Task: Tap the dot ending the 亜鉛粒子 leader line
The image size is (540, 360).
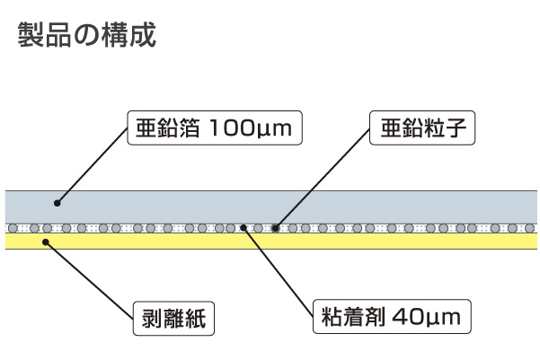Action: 276,228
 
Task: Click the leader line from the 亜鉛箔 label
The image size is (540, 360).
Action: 90,166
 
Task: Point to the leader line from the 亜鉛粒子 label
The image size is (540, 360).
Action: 323,180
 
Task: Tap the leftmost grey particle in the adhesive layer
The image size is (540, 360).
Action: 12,228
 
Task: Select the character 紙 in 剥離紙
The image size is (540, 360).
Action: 199,317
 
